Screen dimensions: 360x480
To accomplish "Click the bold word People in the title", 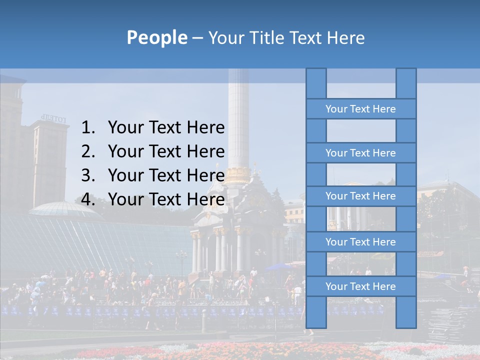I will [x=156, y=37].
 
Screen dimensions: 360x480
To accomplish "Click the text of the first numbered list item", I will [x=166, y=128].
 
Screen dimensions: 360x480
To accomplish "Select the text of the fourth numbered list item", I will [x=166, y=199].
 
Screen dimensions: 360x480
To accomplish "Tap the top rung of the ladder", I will [x=360, y=109].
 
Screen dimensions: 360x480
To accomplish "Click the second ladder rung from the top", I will [x=360, y=153].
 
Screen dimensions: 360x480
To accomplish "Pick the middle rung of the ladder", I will [x=360, y=196].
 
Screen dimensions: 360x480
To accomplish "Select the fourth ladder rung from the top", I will [x=360, y=242].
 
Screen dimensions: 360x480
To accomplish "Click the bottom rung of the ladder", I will [x=360, y=286].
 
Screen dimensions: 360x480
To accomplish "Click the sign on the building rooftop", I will [x=53, y=118].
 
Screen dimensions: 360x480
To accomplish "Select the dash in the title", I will [x=197, y=38].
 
